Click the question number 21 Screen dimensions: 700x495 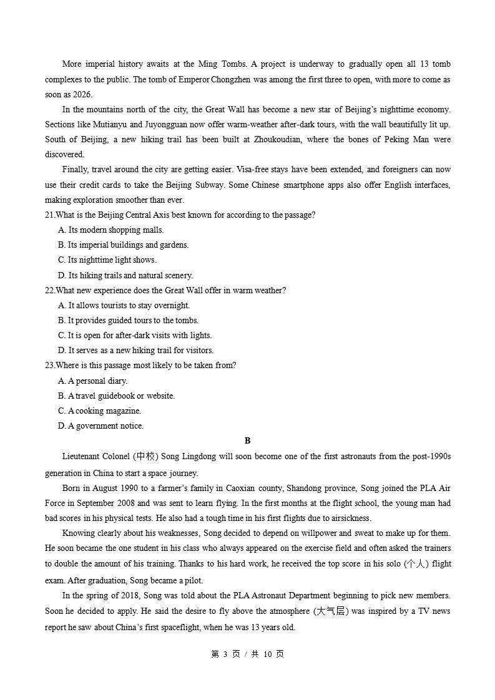pyautogui.click(x=49, y=215)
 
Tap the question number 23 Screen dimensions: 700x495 pyautogui.click(x=49, y=366)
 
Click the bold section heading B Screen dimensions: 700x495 pyautogui.click(x=247, y=440)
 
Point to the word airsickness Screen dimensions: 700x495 pyautogui.click(x=348, y=518)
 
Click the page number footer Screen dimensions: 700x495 pyautogui.click(x=247, y=654)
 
